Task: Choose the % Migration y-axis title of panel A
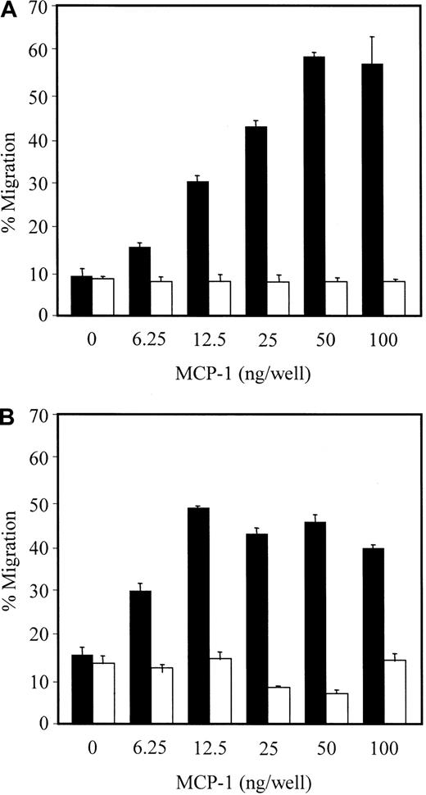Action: (12, 164)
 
